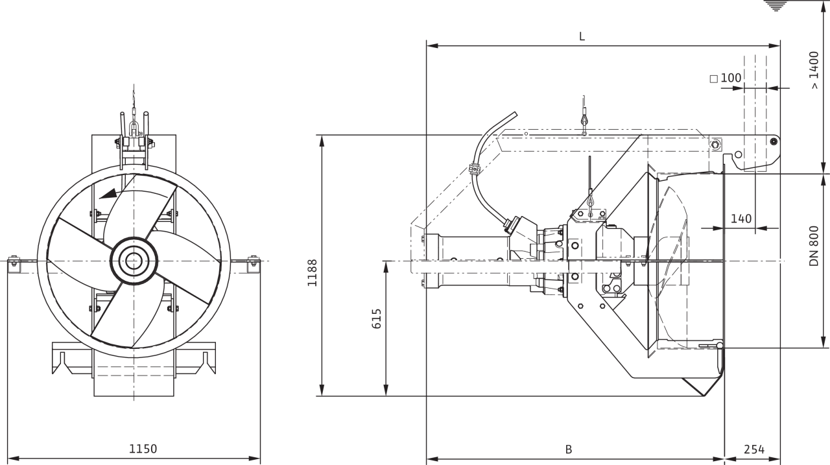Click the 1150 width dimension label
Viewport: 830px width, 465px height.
143,449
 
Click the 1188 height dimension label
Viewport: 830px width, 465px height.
313,272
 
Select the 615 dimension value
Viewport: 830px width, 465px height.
376,318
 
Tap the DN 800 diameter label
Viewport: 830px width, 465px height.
814,246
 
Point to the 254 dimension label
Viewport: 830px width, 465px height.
754,449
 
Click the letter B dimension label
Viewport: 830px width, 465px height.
569,449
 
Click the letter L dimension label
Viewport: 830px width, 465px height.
582,36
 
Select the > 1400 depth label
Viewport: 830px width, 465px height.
814,70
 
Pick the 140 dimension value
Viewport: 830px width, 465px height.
741,219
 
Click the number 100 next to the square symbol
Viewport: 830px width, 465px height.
731,78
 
